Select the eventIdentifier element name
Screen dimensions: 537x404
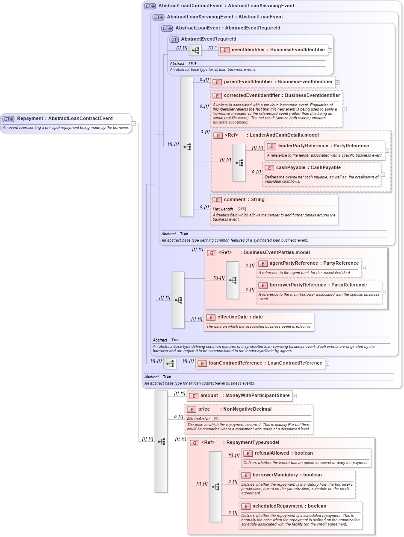248,50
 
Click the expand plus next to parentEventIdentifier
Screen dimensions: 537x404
337,82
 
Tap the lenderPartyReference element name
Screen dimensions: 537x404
293,146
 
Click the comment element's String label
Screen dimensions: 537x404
258,199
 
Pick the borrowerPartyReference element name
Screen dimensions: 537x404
298,285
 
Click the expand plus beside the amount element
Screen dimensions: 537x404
294,396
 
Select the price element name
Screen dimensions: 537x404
204,409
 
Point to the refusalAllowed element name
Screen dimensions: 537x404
271,453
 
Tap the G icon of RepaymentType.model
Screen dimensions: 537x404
195,443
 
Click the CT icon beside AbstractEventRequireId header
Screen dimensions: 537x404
174,39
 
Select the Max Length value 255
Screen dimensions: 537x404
242,209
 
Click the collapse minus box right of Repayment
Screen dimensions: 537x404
134,123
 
